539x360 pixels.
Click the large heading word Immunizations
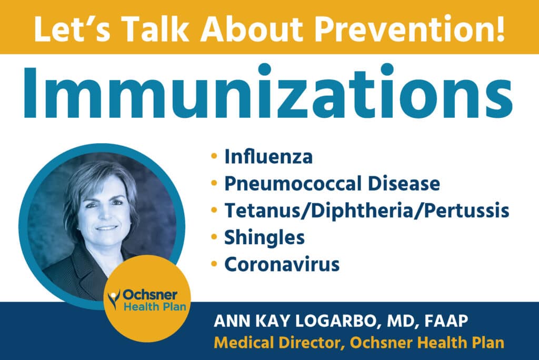269,94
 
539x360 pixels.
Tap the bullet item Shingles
265,238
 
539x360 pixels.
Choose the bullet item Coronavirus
282,264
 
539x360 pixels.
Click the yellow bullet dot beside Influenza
214,156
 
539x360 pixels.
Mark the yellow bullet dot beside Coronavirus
214,264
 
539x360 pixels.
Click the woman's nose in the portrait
107,215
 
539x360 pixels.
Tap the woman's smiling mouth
107,227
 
